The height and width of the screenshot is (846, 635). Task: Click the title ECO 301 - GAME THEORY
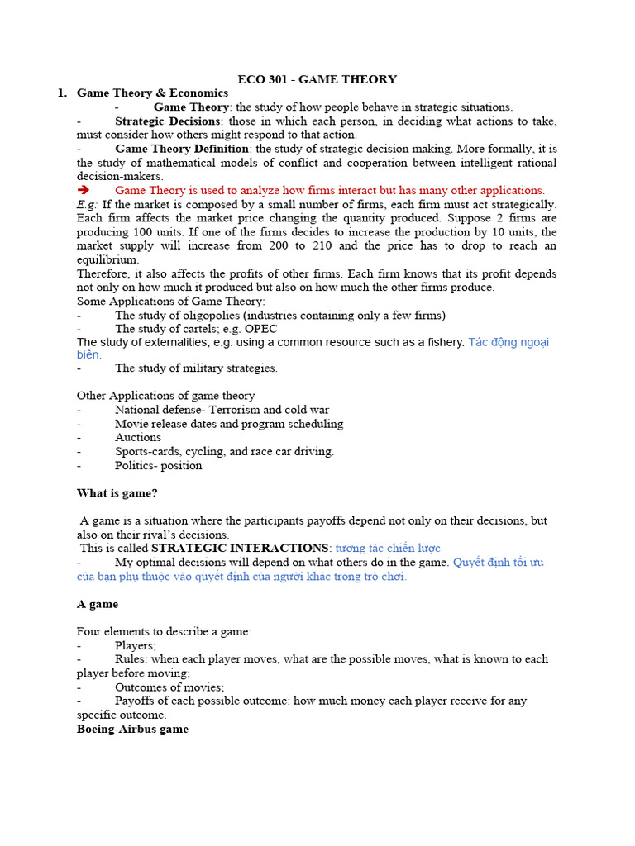317,79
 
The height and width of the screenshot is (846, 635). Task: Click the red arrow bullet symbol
83,190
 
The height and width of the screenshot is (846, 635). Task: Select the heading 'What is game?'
117,493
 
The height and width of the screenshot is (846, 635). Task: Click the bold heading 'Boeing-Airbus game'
132,729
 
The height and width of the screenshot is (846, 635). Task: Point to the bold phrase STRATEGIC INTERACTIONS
240,548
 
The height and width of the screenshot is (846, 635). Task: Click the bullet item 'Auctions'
138,437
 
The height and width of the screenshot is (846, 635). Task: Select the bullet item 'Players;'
136,645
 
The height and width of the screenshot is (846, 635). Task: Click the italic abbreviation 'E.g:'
88,204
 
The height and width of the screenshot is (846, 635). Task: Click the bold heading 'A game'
98,604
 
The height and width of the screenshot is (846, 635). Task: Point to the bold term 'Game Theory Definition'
182,149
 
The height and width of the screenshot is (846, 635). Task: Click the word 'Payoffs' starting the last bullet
136,701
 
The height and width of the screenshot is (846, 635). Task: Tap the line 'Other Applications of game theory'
166,395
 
